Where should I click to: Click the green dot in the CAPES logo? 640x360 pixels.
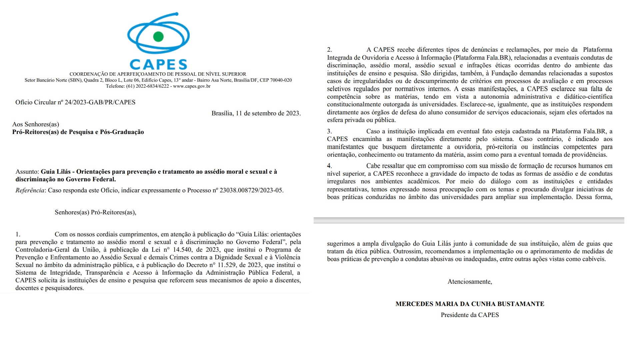pos(158,36)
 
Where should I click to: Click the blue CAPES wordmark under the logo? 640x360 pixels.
pos(158,64)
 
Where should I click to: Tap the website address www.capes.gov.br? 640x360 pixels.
pos(192,86)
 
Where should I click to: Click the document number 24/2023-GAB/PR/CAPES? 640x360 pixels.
pos(100,102)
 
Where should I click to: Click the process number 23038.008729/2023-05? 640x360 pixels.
pos(251,190)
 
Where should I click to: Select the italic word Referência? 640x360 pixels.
pos(30,190)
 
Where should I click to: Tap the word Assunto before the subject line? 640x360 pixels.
pos(27,172)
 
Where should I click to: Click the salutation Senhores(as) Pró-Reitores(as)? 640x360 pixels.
pos(95,212)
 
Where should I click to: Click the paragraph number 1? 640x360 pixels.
pos(18,234)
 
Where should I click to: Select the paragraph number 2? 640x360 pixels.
pos(329,50)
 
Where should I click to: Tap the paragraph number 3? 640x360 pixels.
pos(329,131)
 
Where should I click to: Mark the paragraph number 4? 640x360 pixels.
pos(329,166)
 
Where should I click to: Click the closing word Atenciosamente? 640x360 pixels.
pos(469,282)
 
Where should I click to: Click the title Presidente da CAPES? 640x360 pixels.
pos(470,315)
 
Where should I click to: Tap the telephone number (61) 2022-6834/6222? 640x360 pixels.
pos(147,86)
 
